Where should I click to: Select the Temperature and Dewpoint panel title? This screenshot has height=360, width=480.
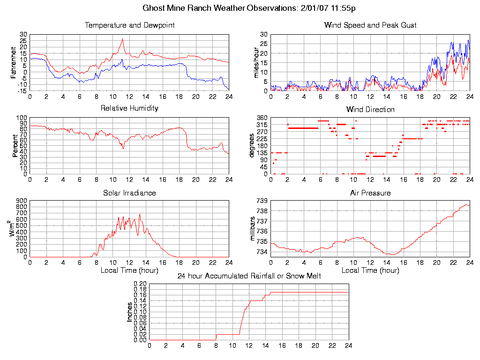(129, 25)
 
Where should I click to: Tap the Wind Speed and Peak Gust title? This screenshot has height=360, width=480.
(370, 25)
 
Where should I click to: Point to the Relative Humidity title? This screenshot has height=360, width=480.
(129, 108)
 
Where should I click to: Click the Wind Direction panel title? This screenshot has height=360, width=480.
(370, 110)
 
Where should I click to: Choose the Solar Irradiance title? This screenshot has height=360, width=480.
(129, 193)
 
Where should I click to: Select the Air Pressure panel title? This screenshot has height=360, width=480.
(370, 193)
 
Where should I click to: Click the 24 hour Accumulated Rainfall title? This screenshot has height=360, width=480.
(249, 276)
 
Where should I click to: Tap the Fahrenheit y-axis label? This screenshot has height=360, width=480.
(14, 62)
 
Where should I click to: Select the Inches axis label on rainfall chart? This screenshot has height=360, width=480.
(130, 312)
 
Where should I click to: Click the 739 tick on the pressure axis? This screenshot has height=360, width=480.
(262, 201)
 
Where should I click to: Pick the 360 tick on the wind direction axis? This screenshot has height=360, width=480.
(262, 118)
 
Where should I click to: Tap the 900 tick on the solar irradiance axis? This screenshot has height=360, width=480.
(21, 201)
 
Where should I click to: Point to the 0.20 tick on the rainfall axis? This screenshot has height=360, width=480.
(140, 284)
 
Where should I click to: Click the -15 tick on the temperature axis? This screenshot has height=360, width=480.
(22, 91)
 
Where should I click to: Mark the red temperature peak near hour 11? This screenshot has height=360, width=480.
(122, 39)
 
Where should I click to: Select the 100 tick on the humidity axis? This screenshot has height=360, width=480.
(22, 118)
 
